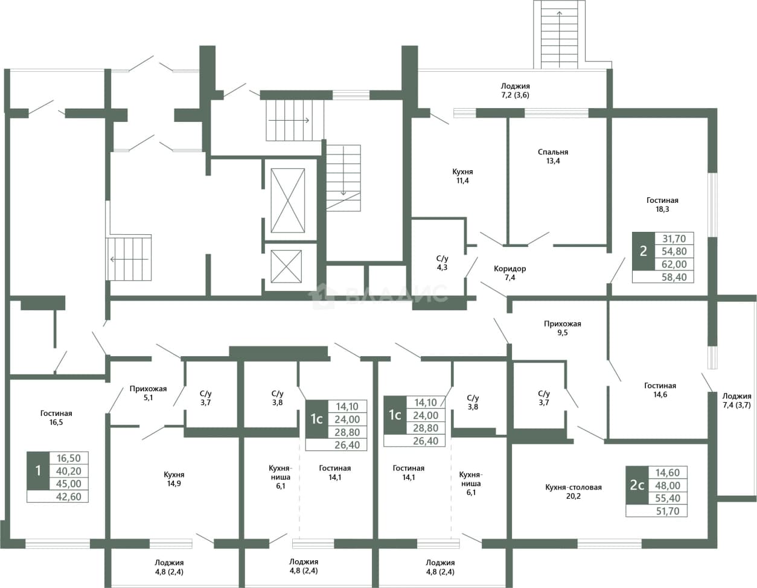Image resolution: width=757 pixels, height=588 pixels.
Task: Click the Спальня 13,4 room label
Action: (553, 156)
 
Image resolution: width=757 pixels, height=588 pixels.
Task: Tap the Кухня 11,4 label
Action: (462, 176)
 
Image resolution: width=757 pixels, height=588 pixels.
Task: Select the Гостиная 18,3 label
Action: (662, 205)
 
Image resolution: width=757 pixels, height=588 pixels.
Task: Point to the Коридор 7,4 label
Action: (509, 273)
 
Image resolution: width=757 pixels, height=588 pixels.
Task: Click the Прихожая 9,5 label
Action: (562, 328)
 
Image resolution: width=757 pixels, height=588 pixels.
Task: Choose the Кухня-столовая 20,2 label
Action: (573, 491)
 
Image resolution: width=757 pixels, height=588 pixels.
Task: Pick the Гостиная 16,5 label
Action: (56, 418)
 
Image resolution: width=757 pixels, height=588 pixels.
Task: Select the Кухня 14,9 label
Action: (174, 479)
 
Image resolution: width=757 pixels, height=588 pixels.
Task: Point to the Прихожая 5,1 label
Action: (148, 393)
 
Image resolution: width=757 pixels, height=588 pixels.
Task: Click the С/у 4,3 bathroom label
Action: (442, 263)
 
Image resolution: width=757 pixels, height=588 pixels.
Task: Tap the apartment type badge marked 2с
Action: (637, 485)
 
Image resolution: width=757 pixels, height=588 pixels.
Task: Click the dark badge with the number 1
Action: (38, 471)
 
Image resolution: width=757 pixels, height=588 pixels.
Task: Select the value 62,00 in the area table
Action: (674, 264)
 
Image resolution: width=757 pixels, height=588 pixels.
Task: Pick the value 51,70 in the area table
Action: (667, 511)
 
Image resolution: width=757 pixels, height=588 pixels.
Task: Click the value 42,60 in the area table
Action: (69, 496)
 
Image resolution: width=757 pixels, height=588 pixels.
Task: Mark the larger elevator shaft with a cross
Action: (288, 200)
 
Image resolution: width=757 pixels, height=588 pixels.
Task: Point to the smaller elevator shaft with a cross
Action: (286, 266)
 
